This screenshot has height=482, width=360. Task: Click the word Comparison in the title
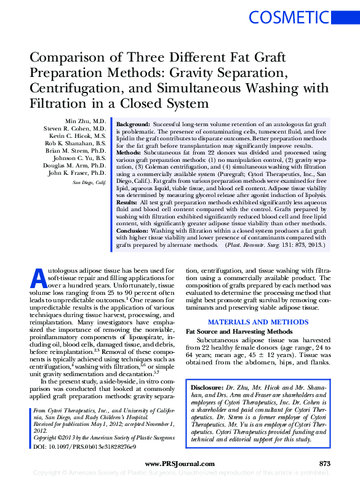pos(68,58)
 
